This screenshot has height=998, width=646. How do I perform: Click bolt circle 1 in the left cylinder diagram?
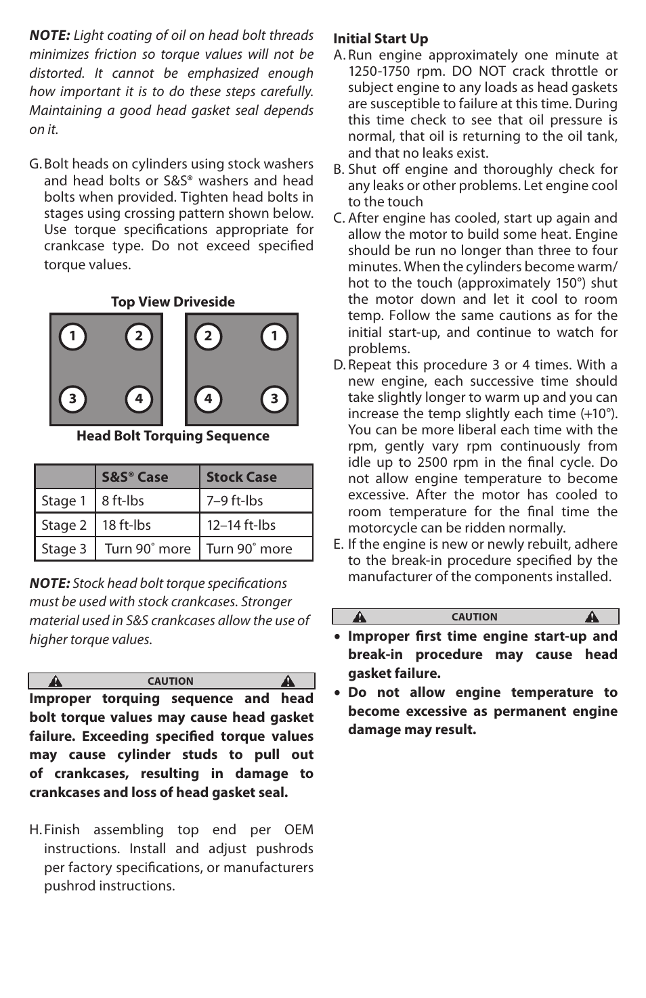tap(72, 336)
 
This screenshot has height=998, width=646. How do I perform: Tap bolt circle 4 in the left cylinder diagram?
tap(139, 399)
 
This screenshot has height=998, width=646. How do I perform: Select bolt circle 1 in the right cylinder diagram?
tap(274, 336)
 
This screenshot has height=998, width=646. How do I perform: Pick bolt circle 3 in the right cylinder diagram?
tap(274, 399)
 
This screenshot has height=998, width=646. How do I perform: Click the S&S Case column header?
tap(135, 477)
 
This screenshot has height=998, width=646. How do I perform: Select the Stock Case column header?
tap(242, 477)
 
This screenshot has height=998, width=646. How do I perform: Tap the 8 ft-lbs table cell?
tap(123, 501)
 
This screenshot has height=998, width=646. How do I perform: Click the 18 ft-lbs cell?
tap(127, 525)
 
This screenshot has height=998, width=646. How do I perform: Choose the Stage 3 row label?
tap(64, 549)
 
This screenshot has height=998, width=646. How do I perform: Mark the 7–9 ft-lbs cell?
tap(235, 501)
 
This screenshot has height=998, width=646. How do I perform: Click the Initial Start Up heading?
tap(381, 39)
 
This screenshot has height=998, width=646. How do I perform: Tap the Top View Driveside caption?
tap(173, 302)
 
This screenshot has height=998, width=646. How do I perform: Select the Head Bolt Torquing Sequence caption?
tap(173, 436)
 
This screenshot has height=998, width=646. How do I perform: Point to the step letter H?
tap(35, 830)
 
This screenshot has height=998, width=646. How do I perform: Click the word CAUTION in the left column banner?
tap(171, 681)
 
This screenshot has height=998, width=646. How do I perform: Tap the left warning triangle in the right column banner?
tap(360, 617)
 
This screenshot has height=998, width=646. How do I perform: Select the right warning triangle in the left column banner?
tap(288, 681)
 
